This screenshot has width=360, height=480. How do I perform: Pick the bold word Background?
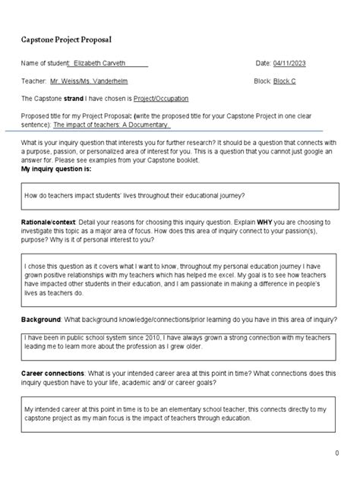[40, 318]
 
